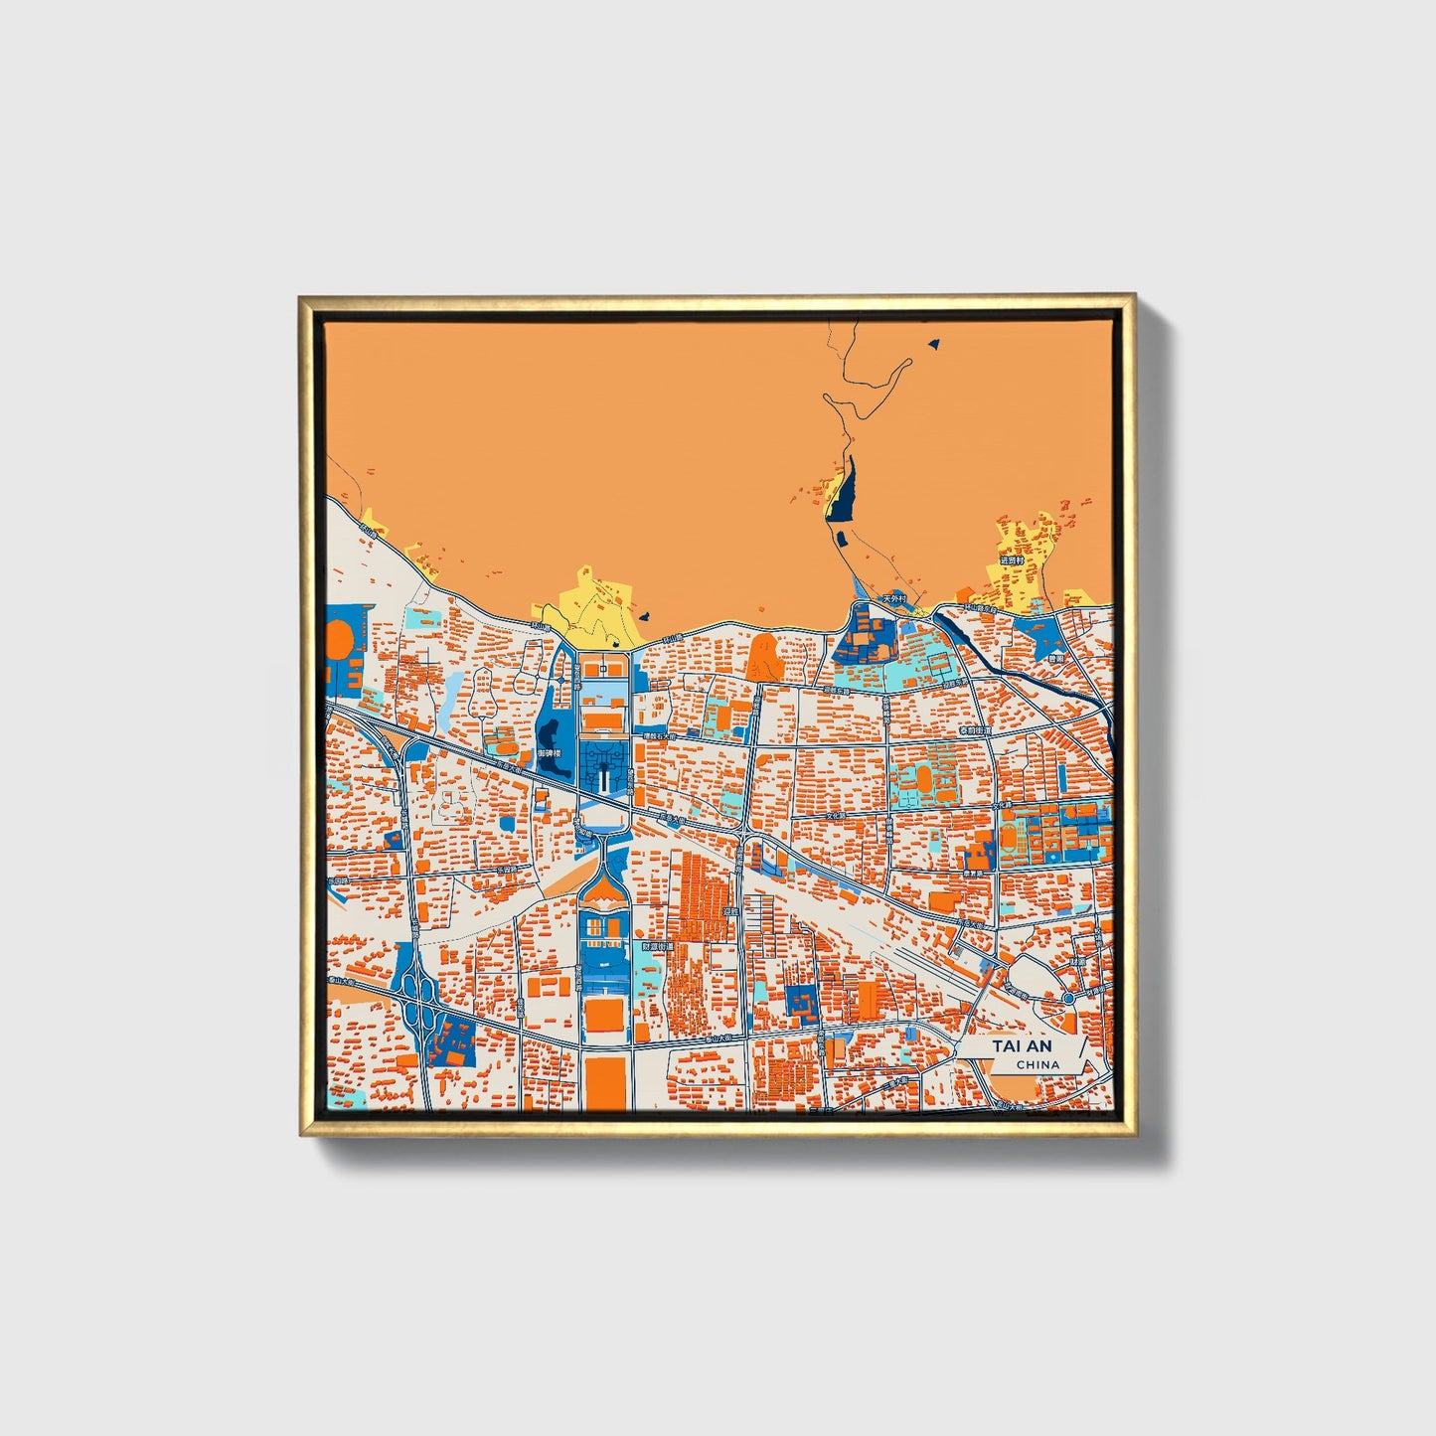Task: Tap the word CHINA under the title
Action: click(x=1037, y=1065)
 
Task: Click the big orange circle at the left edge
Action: click(x=337, y=639)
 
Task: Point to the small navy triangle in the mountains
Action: click(x=932, y=344)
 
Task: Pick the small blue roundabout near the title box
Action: click(x=1067, y=997)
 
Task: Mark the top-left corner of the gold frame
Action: click(x=301, y=297)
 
